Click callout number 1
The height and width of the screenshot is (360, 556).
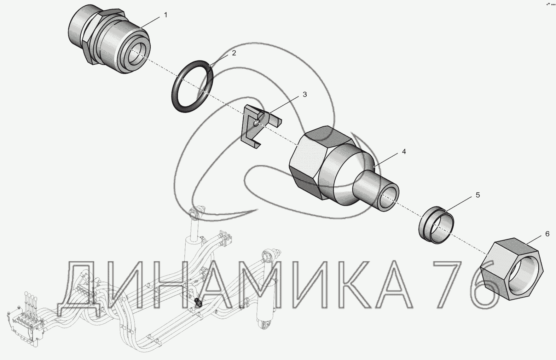point(166,15)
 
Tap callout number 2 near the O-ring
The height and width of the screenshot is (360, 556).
point(234,53)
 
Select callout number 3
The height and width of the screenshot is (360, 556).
point(305,94)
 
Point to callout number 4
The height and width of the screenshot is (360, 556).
point(404,151)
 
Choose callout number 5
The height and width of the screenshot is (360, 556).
point(478,195)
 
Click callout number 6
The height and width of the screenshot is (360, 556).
point(547,234)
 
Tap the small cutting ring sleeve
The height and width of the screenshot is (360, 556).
point(436,225)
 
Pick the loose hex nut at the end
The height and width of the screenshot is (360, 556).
point(512,269)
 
